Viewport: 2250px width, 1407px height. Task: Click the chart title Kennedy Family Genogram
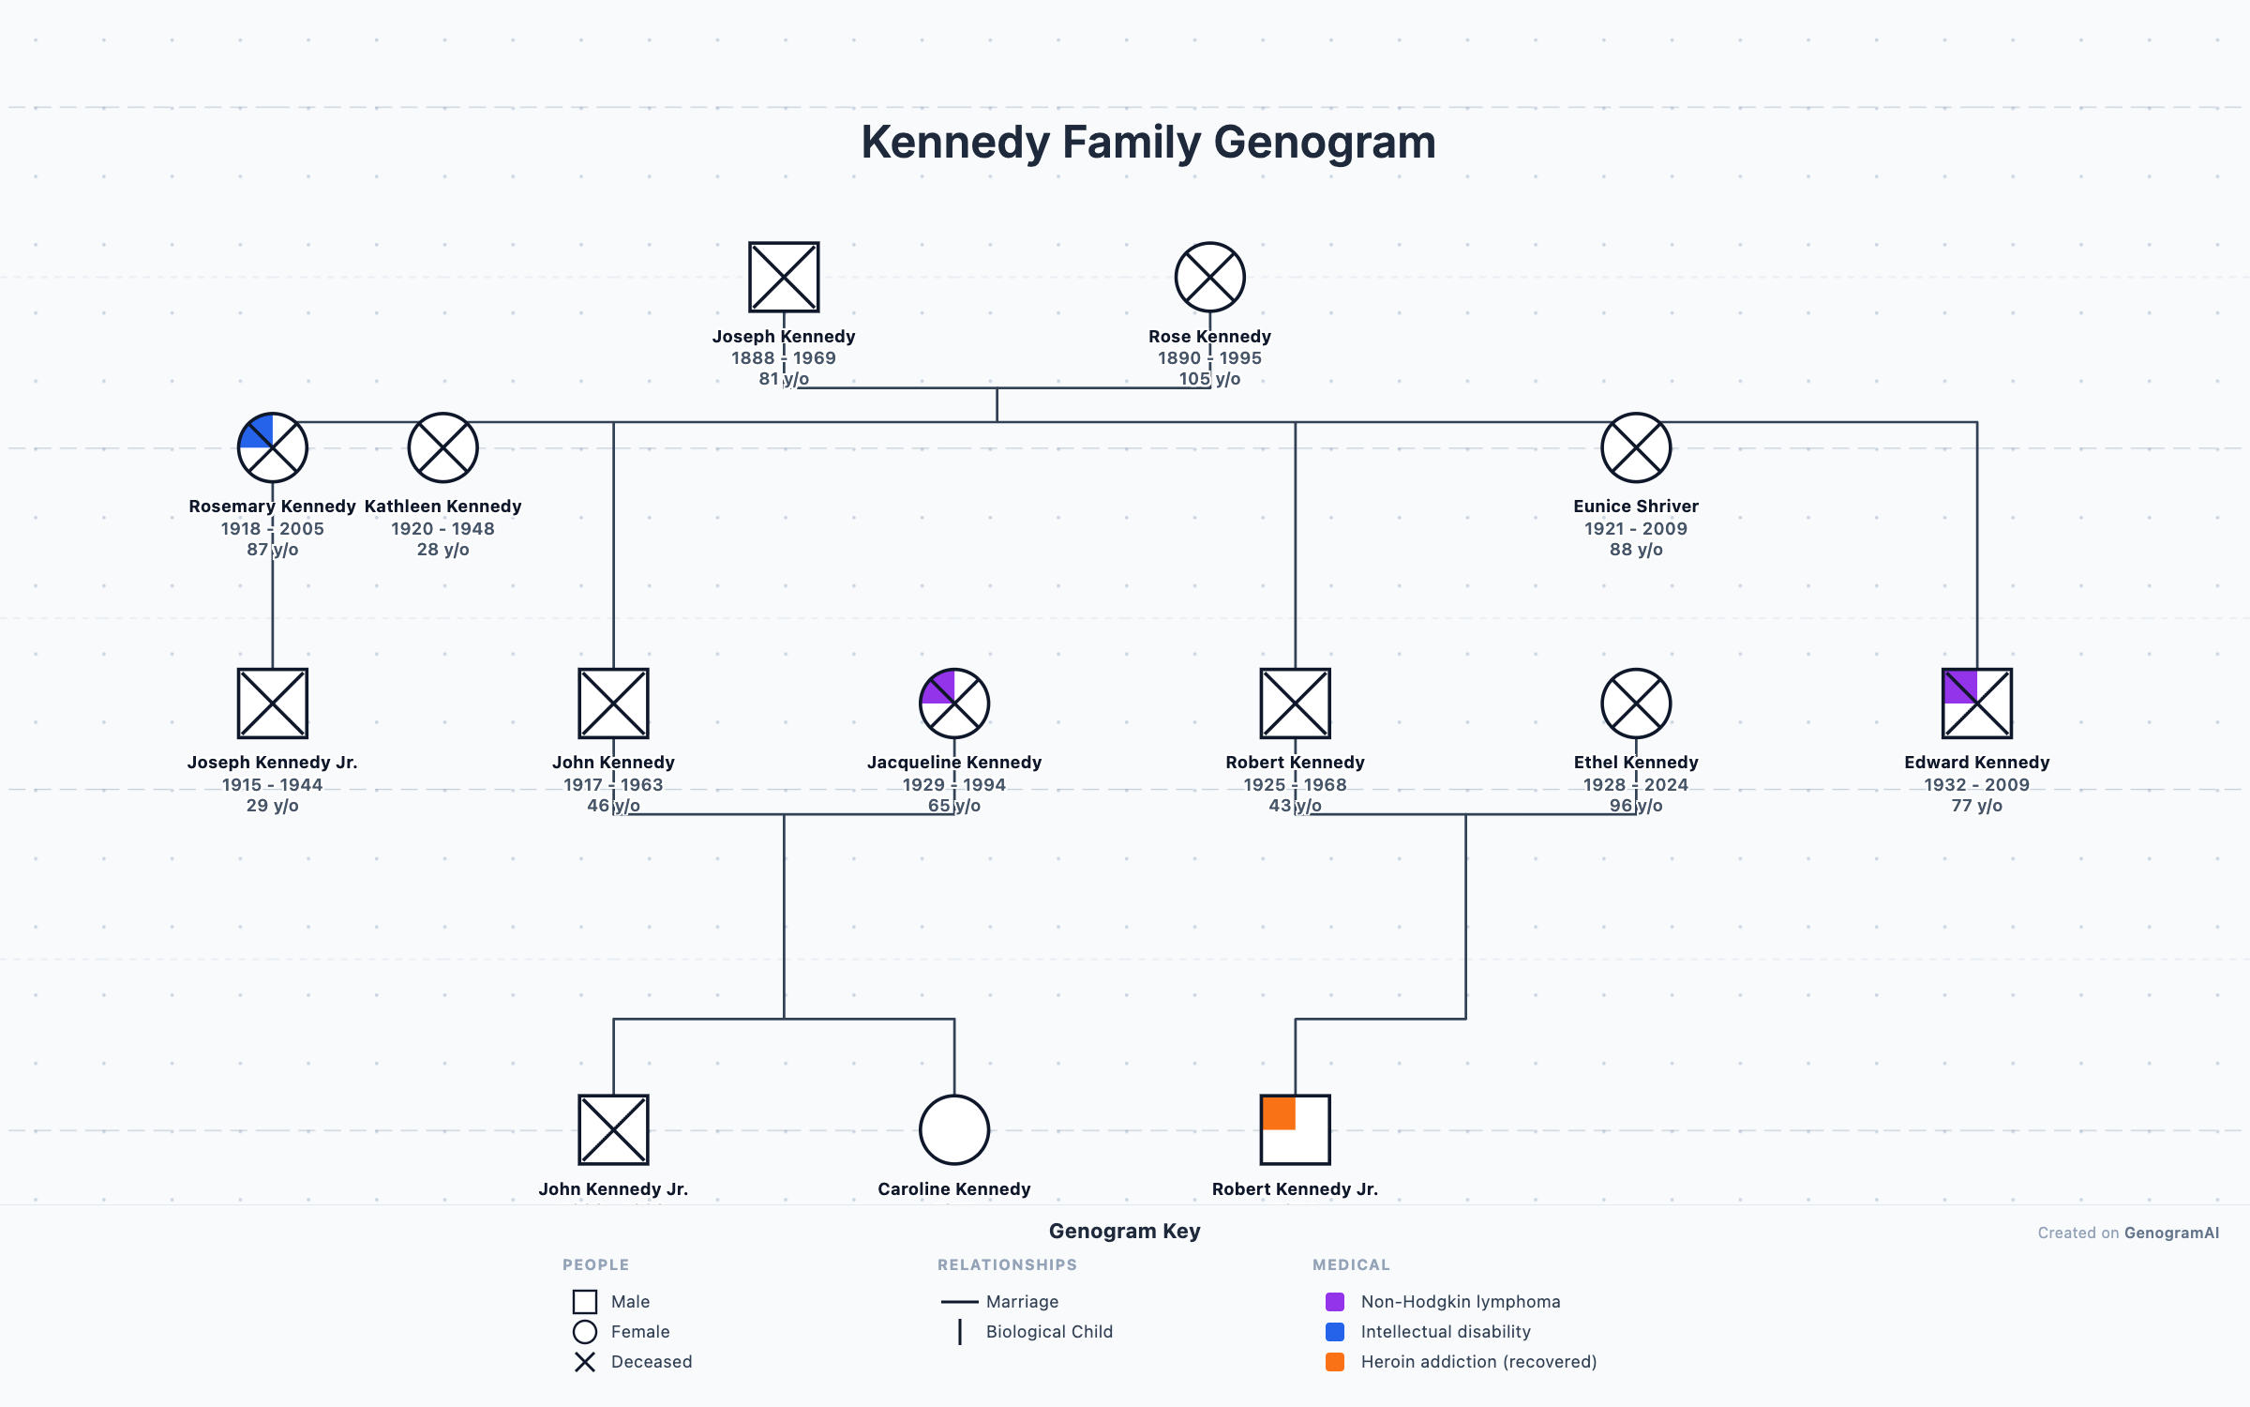pyautogui.click(x=1147, y=143)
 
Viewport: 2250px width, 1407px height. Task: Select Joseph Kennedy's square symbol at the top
pyautogui.click(x=784, y=277)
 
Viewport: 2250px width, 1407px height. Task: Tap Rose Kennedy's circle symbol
pyautogui.click(x=1209, y=277)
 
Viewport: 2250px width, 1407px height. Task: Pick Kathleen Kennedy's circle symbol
pyautogui.click(x=442, y=447)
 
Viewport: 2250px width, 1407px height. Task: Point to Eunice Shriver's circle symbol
pyautogui.click(x=1635, y=447)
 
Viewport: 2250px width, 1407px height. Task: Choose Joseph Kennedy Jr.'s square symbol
pyautogui.click(x=272, y=703)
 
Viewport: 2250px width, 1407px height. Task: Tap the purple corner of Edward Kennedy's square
pyautogui.click(x=1960, y=686)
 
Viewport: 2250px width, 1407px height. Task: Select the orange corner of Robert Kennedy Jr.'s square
pyautogui.click(x=1279, y=1112)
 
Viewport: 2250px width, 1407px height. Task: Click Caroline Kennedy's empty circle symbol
pyautogui.click(x=953, y=1129)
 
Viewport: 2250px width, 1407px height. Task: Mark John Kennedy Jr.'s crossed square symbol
pyautogui.click(x=613, y=1129)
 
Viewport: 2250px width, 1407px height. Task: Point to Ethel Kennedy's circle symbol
pyautogui.click(x=1635, y=703)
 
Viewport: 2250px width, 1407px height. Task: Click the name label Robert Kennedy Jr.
pyautogui.click(x=1295, y=1189)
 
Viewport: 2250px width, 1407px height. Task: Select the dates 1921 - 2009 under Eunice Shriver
pyautogui.click(x=1635, y=529)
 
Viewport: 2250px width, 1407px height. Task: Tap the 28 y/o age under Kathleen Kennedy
pyautogui.click(x=442, y=550)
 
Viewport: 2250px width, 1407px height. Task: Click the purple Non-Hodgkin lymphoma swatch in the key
pyautogui.click(x=1335, y=1302)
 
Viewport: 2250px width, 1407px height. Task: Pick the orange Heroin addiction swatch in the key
pyautogui.click(x=1335, y=1362)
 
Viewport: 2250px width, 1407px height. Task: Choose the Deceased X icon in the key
pyautogui.click(x=584, y=1362)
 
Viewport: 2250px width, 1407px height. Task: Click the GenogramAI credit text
pyautogui.click(x=2171, y=1233)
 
